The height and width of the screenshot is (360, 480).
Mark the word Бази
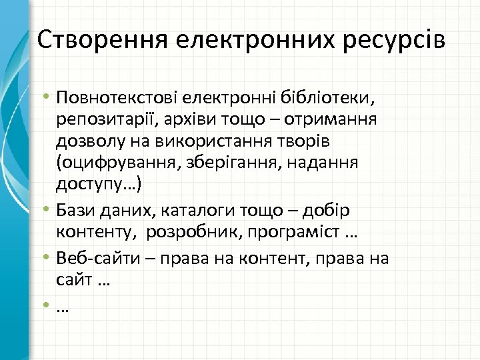[x=75, y=211]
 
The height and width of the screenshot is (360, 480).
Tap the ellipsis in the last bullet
[x=64, y=307]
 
